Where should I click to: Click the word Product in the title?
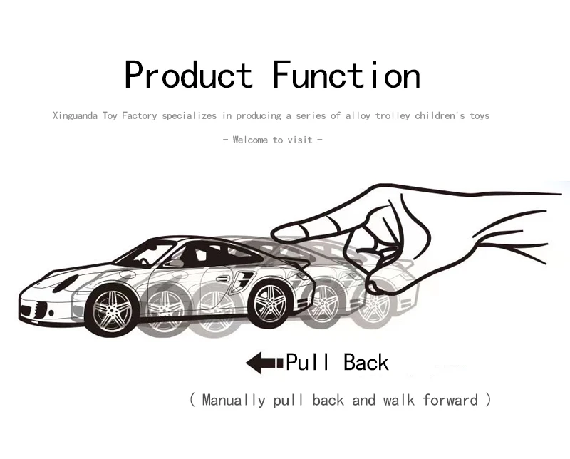click(188, 76)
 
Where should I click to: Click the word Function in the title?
click(346, 76)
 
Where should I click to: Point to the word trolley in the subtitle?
click(393, 115)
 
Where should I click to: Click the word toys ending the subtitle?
click(477, 115)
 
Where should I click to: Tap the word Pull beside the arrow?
click(308, 362)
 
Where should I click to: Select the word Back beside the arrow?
click(366, 362)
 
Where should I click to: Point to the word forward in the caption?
click(450, 400)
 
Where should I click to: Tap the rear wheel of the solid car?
click(270, 303)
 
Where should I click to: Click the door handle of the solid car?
click(222, 278)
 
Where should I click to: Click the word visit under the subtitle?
click(301, 140)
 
